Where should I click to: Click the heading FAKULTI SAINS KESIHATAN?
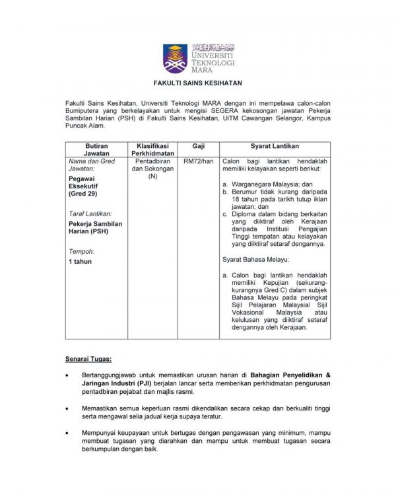pyautogui.click(x=197, y=84)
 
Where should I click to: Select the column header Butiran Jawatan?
pyautogui.click(x=92, y=148)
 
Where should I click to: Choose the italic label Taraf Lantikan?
pyautogui.click(x=90, y=213)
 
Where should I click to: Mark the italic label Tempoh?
pyautogui.click(x=81, y=251)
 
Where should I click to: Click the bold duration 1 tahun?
pyautogui.click(x=81, y=262)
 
